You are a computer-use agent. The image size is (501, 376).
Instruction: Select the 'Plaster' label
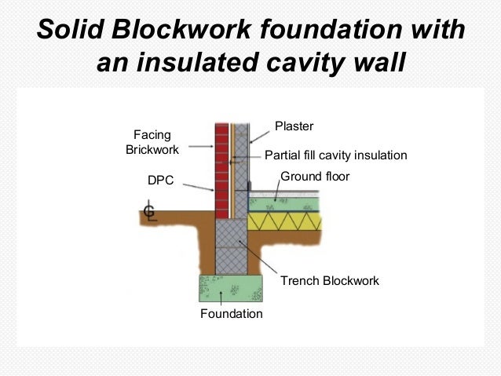293,126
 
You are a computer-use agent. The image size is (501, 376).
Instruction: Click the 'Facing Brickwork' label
152,142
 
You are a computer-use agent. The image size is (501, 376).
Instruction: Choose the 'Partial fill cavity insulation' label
336,155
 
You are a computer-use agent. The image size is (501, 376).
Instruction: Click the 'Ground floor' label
314,177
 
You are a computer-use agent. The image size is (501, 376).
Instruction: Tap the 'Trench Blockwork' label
330,280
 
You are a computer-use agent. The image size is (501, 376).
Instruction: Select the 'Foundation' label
231,313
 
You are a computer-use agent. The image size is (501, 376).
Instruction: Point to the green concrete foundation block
230,287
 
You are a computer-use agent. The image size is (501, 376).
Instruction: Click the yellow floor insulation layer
286,222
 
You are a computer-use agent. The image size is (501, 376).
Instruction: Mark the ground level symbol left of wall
149,212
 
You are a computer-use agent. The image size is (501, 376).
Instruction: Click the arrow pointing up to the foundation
222,298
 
